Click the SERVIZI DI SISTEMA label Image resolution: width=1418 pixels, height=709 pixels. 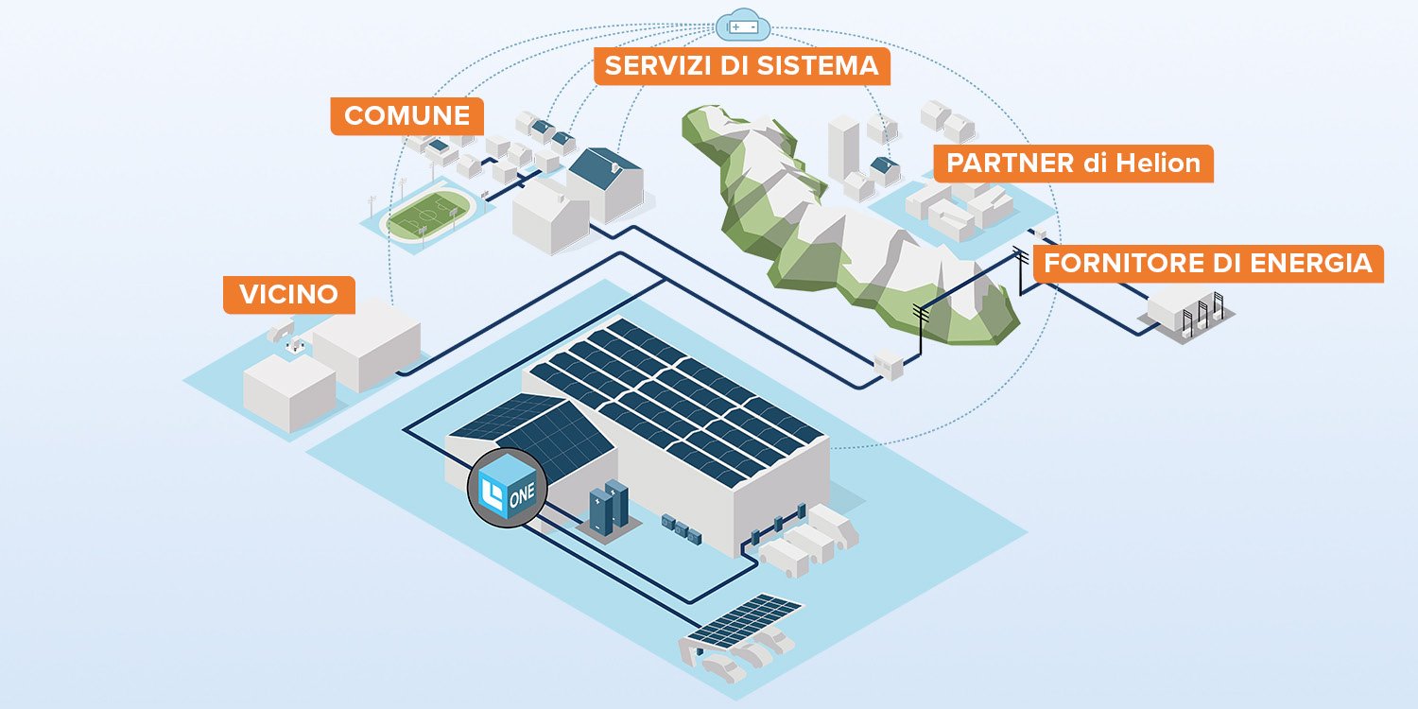pos(742,66)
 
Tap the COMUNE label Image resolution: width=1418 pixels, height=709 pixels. pos(406,115)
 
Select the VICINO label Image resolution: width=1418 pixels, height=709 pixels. pos(288,294)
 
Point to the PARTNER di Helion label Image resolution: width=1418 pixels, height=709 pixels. pos(1073,163)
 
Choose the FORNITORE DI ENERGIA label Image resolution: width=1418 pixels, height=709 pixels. pos(1208,263)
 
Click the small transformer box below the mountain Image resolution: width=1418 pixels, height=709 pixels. pos(889,364)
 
